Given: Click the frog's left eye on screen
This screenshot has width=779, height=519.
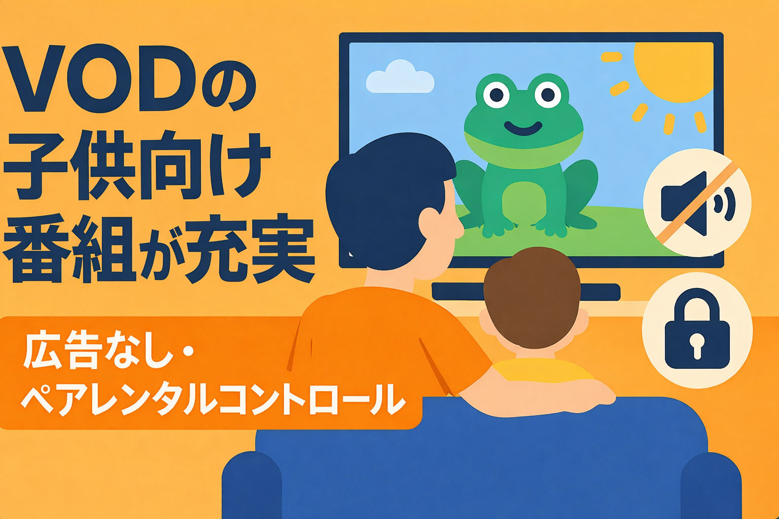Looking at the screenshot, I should (x=495, y=95).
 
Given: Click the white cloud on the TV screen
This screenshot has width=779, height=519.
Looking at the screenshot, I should (x=400, y=78).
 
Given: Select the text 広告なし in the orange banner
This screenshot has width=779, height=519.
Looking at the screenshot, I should (x=96, y=350).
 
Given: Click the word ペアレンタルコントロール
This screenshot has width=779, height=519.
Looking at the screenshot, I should (x=213, y=400).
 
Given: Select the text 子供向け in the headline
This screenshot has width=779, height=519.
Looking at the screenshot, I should (x=137, y=165).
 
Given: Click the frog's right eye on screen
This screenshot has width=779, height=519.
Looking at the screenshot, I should (x=548, y=94).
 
